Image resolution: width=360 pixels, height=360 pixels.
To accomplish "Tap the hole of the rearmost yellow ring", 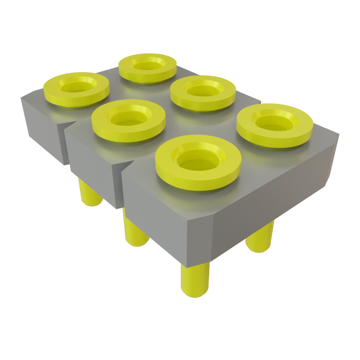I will [x=147, y=64].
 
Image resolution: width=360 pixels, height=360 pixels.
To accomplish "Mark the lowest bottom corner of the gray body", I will [x=188, y=265].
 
